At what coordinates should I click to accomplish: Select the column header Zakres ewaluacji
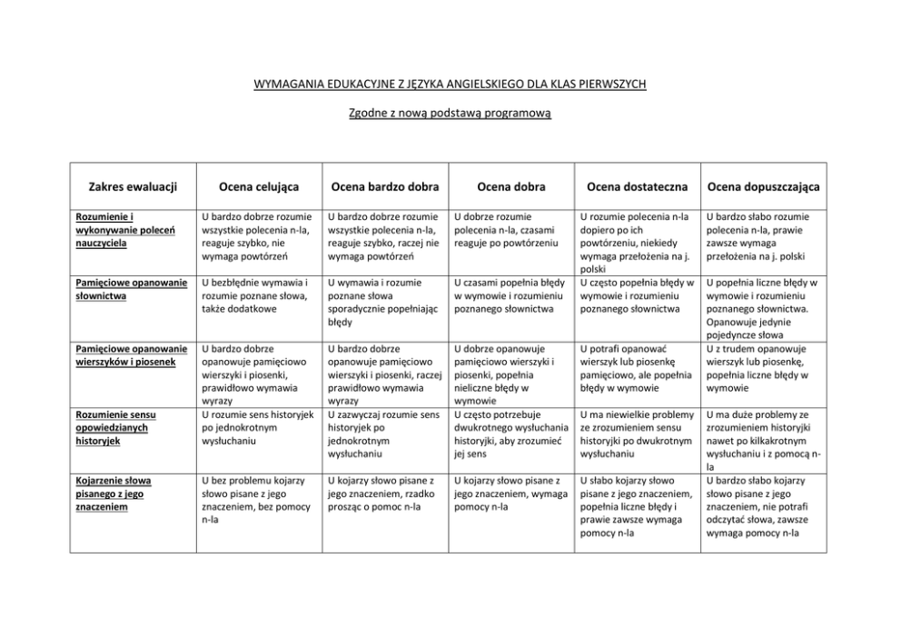click(133, 186)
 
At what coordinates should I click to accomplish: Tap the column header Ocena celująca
click(258, 186)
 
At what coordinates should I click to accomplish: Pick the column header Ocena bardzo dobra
click(385, 186)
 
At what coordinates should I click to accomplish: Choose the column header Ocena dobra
click(513, 186)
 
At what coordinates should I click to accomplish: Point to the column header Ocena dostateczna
click(638, 186)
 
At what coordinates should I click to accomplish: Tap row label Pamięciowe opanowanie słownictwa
click(131, 289)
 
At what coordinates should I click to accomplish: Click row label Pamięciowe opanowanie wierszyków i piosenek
click(131, 354)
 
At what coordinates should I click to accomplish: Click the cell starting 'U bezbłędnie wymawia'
click(254, 295)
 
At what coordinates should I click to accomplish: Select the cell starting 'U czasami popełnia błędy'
click(510, 295)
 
